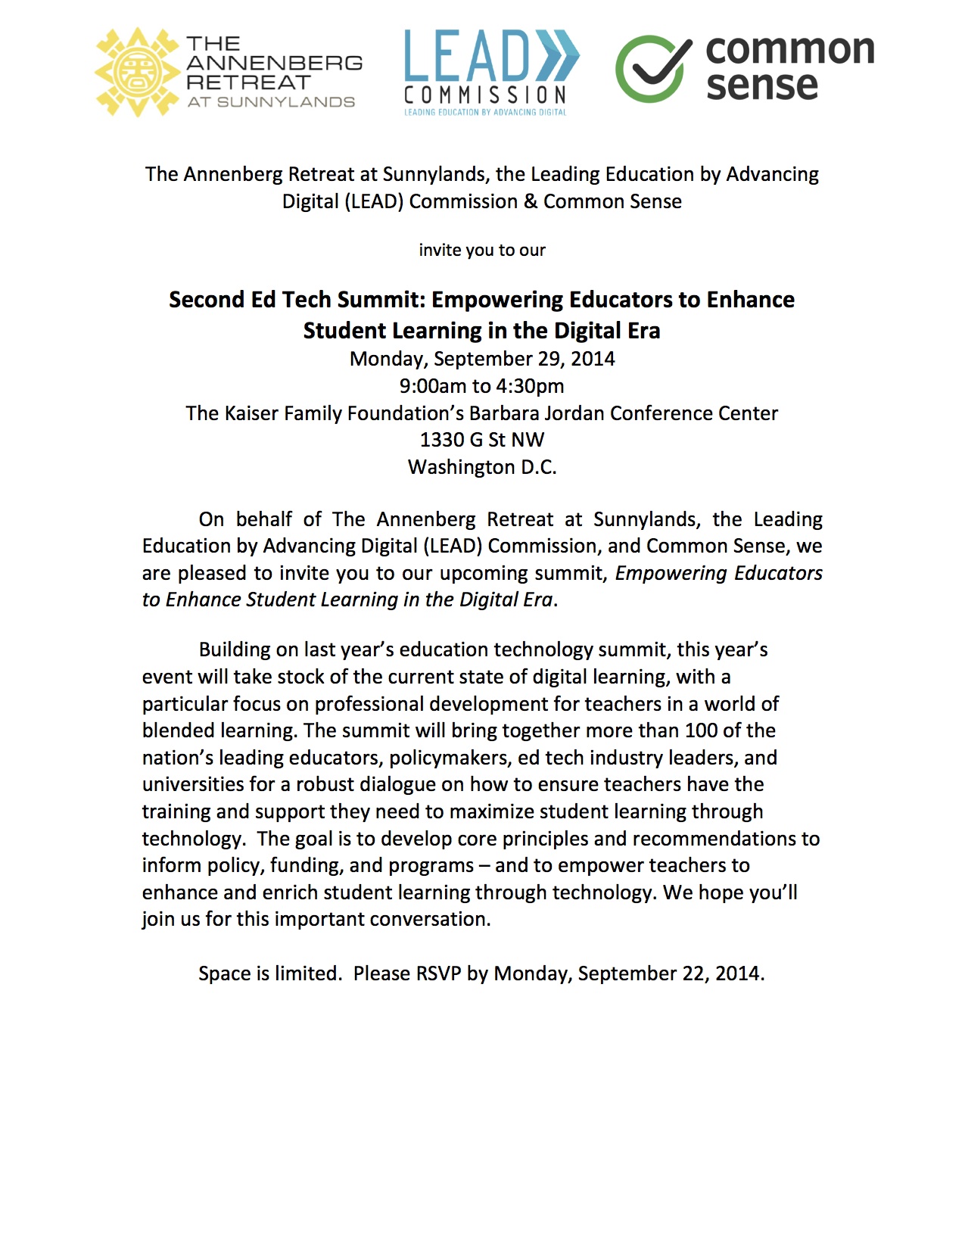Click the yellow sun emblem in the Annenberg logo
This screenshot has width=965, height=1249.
138,73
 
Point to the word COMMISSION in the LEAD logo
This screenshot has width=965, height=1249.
485,95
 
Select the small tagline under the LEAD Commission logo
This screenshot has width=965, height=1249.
485,112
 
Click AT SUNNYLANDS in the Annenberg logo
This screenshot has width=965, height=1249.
271,102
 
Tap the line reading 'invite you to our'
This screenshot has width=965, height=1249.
482,251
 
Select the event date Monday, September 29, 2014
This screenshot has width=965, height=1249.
482,359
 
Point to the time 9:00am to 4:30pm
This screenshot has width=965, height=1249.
482,386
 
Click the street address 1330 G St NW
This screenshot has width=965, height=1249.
482,440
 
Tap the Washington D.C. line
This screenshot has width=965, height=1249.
482,467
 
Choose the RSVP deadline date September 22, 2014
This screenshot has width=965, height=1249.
671,973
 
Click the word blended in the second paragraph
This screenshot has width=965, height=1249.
178,730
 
